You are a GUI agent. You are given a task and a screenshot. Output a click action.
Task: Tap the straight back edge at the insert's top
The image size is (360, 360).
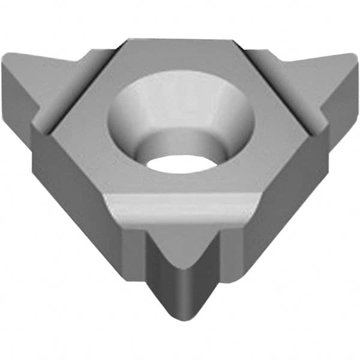pyautogui.click(x=180, y=40)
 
